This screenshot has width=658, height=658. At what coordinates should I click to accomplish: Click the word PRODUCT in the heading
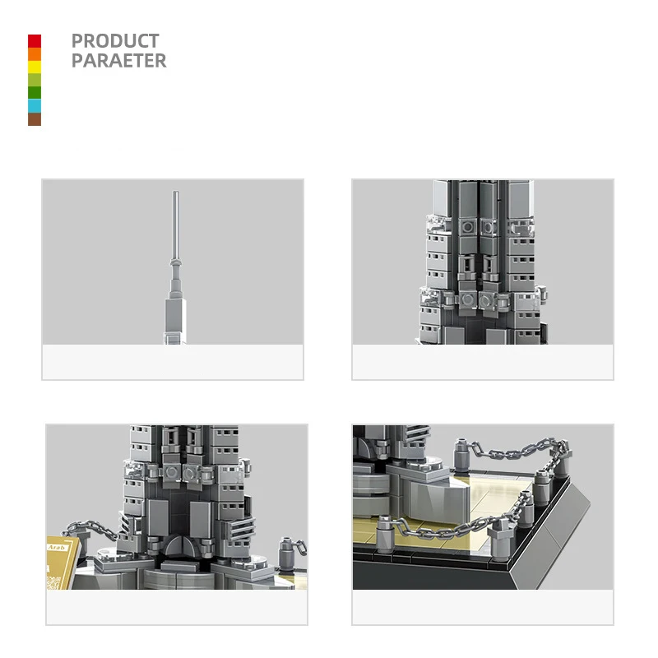tap(115, 41)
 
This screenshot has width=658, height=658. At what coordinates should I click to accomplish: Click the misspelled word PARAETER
tap(118, 61)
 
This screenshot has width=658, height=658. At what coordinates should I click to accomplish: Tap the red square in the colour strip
tap(35, 41)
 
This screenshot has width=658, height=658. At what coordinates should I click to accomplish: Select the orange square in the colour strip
tap(35, 54)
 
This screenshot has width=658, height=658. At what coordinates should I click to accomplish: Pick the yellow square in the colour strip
tap(35, 67)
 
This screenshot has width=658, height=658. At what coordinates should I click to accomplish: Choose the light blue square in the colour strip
tap(35, 105)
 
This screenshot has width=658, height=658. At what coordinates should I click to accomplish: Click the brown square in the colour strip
tap(35, 118)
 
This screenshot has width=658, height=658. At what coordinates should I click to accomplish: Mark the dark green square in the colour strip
tap(35, 92)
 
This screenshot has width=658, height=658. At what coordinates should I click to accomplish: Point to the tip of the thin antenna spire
tap(174, 194)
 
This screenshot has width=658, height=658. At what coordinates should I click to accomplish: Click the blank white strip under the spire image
tap(173, 362)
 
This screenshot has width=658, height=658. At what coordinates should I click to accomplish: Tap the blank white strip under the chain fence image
tap(483, 607)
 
